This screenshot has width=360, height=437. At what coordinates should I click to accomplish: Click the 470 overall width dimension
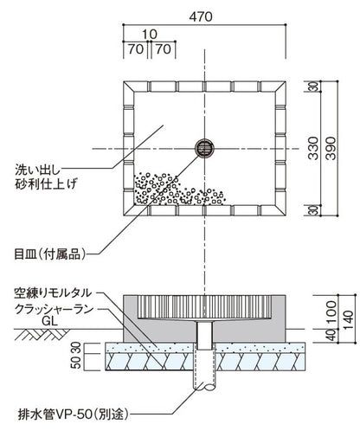pos(202,15)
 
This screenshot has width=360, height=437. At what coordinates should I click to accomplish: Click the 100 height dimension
pos(333,309)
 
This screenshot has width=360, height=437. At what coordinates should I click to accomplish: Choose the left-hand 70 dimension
pos(134,49)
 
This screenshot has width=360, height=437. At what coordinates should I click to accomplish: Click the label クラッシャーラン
pos(59,307)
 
